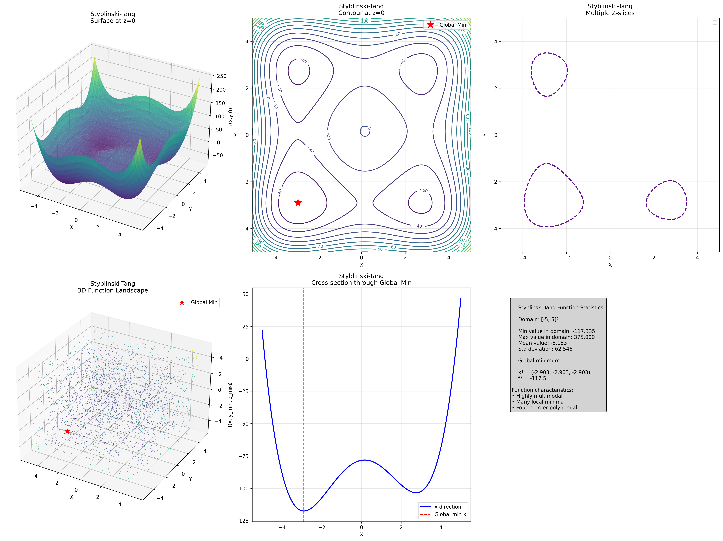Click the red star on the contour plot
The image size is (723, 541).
(x=298, y=203)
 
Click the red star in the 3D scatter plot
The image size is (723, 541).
(x=67, y=432)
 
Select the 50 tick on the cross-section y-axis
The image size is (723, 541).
(x=245, y=294)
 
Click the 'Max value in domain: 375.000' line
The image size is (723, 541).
(x=556, y=337)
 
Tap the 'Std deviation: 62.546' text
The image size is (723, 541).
(x=545, y=349)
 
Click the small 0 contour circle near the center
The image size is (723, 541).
(x=364, y=131)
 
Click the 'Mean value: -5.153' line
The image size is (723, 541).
(x=542, y=343)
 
